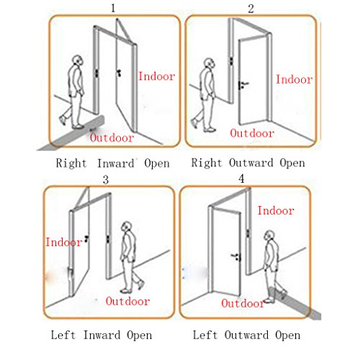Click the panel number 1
coord(113,8)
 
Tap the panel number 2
coord(251,9)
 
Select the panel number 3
coord(106,179)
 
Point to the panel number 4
coord(241,179)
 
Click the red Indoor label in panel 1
coord(157,76)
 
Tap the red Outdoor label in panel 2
coord(252,133)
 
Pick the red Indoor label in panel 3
coord(64,242)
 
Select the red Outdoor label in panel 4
coord(243,303)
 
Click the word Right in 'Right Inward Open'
coord(71,163)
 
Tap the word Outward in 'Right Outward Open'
coord(251,163)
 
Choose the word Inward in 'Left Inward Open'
coord(102,335)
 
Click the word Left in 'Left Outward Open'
coord(205,335)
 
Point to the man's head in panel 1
coord(78,60)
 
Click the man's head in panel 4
coord(269,235)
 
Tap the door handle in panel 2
coord(243,85)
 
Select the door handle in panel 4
coord(236,257)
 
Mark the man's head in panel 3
coord(126,226)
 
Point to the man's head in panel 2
coord(210,63)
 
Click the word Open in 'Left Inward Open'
coord(140,336)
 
